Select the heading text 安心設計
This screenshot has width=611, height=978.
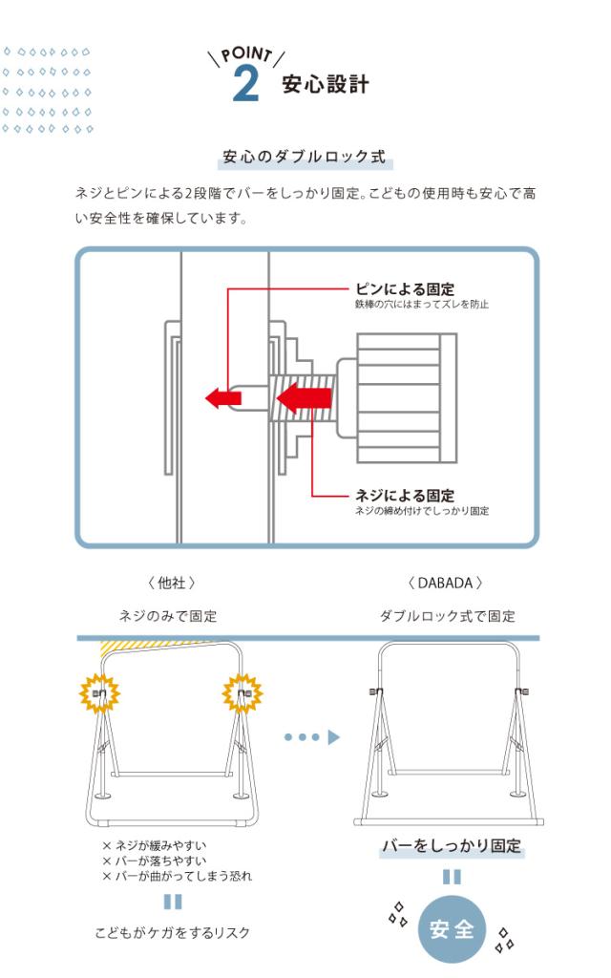click(x=325, y=85)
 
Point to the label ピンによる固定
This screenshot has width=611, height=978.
click(x=404, y=289)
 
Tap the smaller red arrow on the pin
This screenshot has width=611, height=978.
click(x=222, y=397)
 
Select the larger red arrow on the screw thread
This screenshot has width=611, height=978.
click(x=303, y=396)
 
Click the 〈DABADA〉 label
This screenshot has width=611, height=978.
click(x=444, y=583)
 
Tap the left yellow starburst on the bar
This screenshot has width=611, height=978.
click(x=99, y=693)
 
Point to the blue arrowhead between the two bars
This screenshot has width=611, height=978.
click(x=334, y=737)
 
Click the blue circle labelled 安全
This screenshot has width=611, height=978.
click(x=452, y=930)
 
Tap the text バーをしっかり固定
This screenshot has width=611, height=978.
click(x=452, y=846)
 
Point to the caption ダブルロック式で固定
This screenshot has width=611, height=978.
click(x=447, y=616)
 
